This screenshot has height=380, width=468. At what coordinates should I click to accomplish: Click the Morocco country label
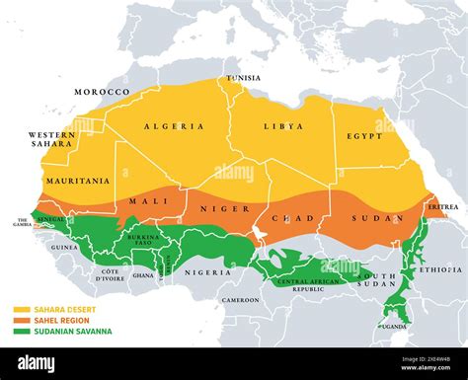pyautogui.click(x=102, y=92)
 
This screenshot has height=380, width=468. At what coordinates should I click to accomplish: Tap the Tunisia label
pyautogui.click(x=243, y=78)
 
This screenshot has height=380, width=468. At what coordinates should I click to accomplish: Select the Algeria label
pyautogui.click(x=174, y=126)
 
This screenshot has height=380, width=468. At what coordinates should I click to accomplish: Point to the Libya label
pyautogui.click(x=283, y=126)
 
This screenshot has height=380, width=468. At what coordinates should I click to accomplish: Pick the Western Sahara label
pyautogui.click(x=51, y=139)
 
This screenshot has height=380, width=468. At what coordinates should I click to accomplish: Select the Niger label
pyautogui.click(x=218, y=208)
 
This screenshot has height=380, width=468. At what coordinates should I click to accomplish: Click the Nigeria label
pyautogui.click(x=209, y=272)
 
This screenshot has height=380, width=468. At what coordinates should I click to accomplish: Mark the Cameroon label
pyautogui.click(x=241, y=299)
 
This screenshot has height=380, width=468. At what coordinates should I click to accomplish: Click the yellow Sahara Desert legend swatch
pyautogui.click(x=19, y=309)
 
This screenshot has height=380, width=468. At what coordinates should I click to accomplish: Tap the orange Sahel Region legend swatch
pyautogui.click(x=19, y=320)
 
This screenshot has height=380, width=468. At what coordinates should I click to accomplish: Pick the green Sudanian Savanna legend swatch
pyautogui.click(x=19, y=331)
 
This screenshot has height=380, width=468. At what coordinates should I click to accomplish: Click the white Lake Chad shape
pyautogui.click(x=259, y=233)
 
